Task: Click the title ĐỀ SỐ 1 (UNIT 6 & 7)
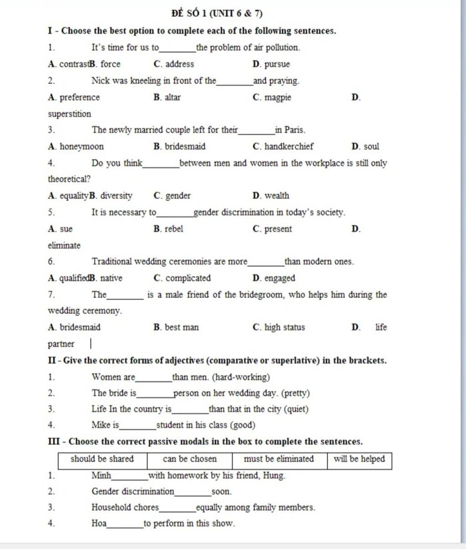tap(217, 13)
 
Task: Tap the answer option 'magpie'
tap(277, 97)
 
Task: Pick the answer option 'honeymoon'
tap(81, 146)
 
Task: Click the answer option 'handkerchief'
tap(289, 146)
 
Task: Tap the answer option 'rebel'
tap(173, 229)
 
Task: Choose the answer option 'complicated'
tap(187, 278)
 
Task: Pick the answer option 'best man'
tap(181, 327)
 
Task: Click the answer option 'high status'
tap(284, 327)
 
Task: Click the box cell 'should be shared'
tap(102, 459)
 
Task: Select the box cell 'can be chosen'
tap(189, 459)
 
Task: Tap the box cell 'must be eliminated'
tap(279, 459)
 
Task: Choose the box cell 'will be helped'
tap(359, 459)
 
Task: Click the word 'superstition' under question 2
tap(70, 114)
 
